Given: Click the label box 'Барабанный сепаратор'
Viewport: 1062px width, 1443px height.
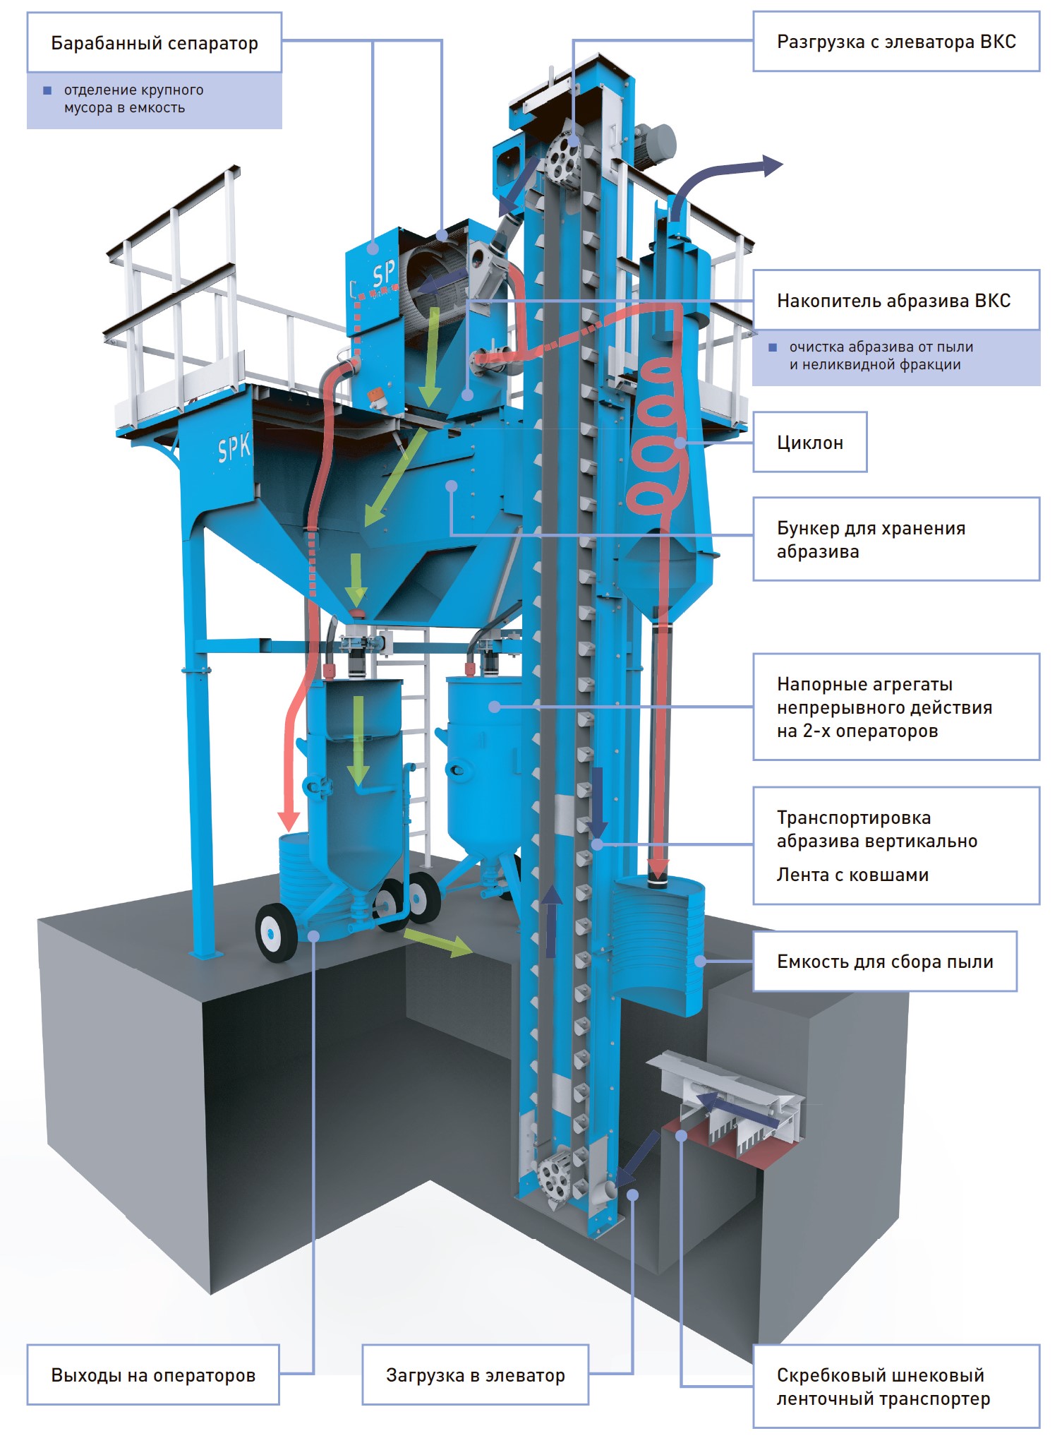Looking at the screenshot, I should click(x=154, y=43).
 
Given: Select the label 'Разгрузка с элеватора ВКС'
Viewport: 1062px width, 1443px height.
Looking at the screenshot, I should click(x=896, y=42).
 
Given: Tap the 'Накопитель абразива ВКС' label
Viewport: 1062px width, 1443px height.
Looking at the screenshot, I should click(x=895, y=301).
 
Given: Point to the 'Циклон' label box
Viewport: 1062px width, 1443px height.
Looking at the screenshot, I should click(x=810, y=443).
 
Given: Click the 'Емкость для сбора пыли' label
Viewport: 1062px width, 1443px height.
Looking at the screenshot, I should click(x=885, y=962).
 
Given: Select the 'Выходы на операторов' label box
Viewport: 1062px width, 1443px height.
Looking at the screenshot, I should click(x=153, y=1375).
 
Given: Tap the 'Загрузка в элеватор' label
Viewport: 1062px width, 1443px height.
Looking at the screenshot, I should click(x=475, y=1375).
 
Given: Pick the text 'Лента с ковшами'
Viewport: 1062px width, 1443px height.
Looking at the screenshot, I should click(x=852, y=875).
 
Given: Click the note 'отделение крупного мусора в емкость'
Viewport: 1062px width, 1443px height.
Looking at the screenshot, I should click(x=134, y=99).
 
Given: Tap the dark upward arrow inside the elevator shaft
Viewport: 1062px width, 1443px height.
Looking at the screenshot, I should click(x=552, y=921).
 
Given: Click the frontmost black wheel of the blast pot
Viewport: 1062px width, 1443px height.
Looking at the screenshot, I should click(x=275, y=932).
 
